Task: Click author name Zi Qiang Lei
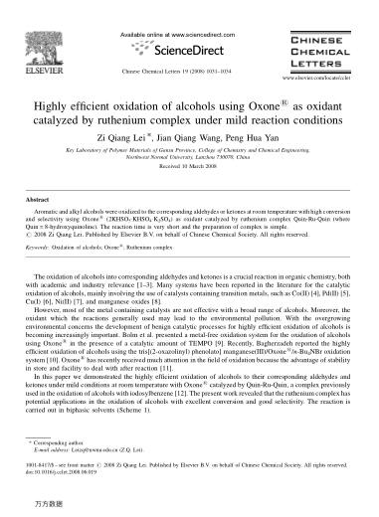[x=151, y=136]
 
